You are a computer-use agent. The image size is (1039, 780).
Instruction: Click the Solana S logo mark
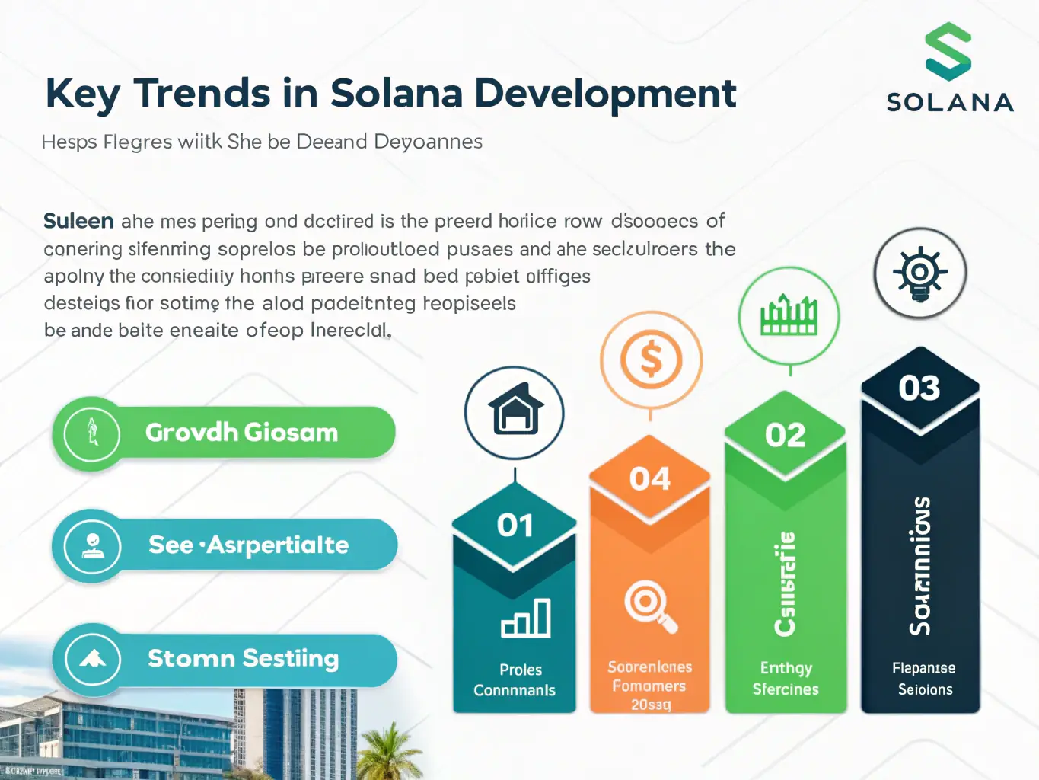tap(948, 52)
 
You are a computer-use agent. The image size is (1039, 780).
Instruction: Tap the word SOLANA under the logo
tap(950, 102)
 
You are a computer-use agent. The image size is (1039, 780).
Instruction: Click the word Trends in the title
tap(202, 94)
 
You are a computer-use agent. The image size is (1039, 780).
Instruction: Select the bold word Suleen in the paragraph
tap(78, 221)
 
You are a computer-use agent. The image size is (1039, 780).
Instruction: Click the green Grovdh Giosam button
tap(225, 433)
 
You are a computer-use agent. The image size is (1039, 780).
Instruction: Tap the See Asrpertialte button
tap(225, 545)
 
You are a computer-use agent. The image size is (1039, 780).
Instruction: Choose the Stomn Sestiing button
tap(225, 658)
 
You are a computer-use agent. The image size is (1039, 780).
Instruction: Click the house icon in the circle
tap(515, 411)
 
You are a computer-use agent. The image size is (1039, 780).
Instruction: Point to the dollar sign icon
tap(651, 360)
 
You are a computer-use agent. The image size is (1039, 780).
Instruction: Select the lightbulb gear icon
tap(919, 273)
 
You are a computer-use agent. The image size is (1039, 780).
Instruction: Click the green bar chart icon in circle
tap(789, 315)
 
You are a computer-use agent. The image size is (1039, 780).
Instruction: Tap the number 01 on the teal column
tap(515, 526)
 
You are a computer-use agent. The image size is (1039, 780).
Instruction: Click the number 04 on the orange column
tap(649, 479)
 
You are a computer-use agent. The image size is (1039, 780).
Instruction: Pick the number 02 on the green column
tap(785, 436)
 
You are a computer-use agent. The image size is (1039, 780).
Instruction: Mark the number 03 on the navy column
tap(919, 388)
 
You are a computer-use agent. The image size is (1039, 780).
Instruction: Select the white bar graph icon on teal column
tap(526, 618)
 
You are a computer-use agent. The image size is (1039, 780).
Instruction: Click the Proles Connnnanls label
tap(515, 680)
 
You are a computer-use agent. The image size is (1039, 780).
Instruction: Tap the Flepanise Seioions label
tap(924, 679)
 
